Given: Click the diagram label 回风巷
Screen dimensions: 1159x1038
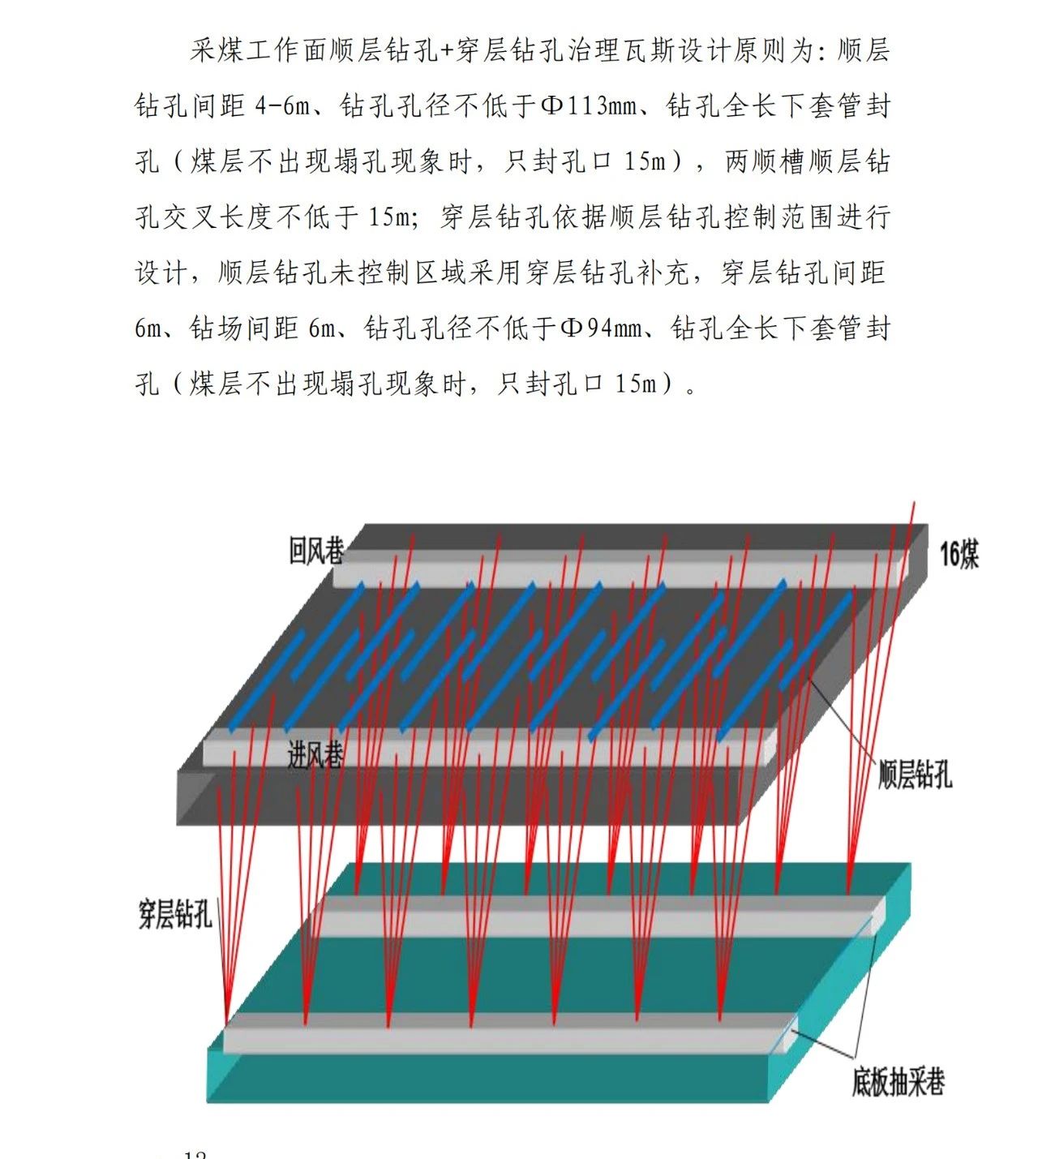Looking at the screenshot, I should [x=315, y=551].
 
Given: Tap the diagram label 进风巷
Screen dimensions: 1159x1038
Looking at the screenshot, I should [x=315, y=755].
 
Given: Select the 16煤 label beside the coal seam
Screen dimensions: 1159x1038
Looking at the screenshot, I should [x=959, y=555].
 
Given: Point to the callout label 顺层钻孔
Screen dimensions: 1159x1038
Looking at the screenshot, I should [x=915, y=775].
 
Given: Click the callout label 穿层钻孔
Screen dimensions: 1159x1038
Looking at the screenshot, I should [x=175, y=915].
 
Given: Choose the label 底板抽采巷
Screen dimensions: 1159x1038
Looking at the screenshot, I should [x=898, y=1082].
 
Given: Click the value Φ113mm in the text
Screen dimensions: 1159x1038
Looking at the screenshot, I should [x=589, y=106].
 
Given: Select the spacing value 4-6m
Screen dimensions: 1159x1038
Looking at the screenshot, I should [x=282, y=106].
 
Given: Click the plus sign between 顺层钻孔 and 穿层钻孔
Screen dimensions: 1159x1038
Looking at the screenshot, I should [x=448, y=51].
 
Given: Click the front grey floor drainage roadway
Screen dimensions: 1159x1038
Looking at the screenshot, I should [x=503, y=1032].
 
